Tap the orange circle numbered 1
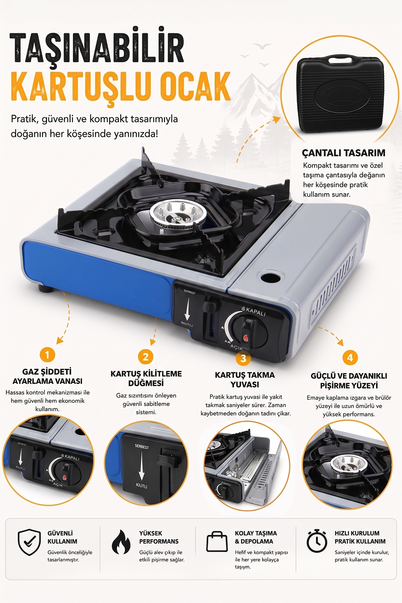47,354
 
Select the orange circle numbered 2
145,357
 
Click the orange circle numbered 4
350,358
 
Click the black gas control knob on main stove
250,329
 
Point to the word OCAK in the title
195,86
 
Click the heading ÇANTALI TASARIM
344,153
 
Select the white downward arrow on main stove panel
187,308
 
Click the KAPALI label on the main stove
256,312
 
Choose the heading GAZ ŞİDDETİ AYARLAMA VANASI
47,376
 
